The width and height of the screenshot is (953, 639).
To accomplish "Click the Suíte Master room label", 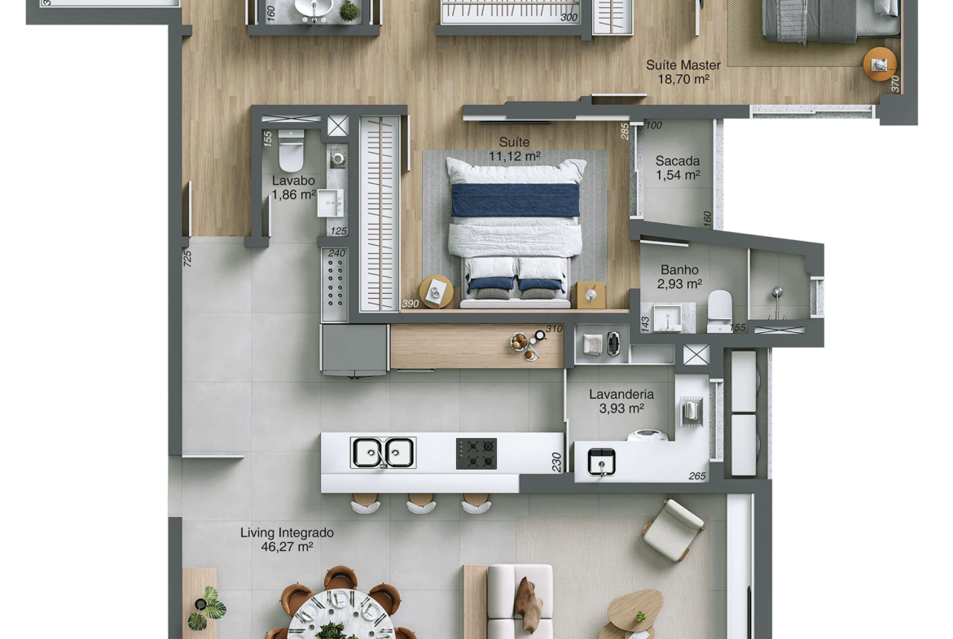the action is tap(683, 72).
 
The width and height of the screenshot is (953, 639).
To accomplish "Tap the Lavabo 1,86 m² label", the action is tap(293, 188).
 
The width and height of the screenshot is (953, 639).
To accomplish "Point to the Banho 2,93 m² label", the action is tap(679, 277).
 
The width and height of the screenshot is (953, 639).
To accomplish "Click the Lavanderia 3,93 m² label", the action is tap(621, 401).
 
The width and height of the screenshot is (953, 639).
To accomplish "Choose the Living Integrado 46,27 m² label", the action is tap(287, 540).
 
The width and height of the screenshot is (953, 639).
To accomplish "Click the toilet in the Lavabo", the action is tap(291, 152).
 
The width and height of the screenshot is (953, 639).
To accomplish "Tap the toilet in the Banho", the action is tap(720, 310).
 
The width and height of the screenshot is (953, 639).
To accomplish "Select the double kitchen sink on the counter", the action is tap(384, 453).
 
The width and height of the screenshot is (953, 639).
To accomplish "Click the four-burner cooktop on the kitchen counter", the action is tap(476, 453).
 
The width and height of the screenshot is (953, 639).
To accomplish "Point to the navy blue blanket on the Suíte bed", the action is tap(516, 199).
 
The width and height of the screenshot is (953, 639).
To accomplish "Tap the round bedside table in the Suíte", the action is tap(436, 291).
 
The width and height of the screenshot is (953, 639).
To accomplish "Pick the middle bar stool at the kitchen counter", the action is tap(420, 503).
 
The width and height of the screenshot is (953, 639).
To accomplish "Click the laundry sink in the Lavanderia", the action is tap(602, 462).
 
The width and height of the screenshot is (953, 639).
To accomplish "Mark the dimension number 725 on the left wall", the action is tap(187, 259).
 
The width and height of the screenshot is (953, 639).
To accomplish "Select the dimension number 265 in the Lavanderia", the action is tap(697, 476).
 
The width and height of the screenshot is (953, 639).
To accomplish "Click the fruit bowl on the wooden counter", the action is tap(520, 342).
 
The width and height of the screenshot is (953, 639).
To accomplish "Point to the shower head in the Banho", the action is tap(777, 294).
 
